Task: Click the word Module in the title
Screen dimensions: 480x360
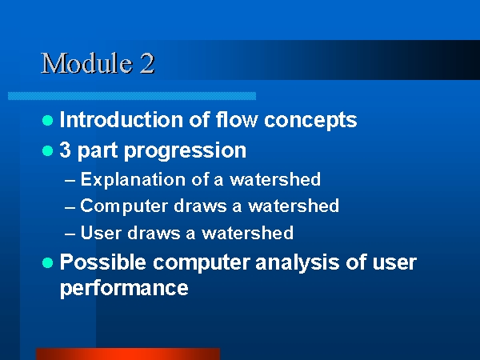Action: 86,63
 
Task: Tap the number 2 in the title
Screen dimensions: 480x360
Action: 147,63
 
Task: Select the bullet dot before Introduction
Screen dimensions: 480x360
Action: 47,120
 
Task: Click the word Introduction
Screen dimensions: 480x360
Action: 122,119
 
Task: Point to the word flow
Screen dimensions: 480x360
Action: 236,119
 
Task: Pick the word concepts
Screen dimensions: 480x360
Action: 310,120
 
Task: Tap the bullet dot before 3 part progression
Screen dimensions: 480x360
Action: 47,150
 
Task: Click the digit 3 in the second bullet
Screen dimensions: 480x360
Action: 65,150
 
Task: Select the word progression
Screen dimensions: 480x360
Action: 186,150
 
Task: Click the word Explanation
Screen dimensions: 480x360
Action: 133,179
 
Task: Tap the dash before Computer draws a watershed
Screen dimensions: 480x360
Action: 70,207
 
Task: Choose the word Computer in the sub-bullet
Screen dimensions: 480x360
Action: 124,206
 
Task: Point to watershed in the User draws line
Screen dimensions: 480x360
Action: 247,233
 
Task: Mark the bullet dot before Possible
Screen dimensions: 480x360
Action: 47,262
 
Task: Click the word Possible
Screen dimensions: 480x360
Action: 103,262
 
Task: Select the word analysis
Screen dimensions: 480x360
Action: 297,262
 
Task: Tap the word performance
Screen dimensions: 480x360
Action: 124,288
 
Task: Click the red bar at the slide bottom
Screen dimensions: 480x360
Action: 128,354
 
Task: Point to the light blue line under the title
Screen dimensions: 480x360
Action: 132,96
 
